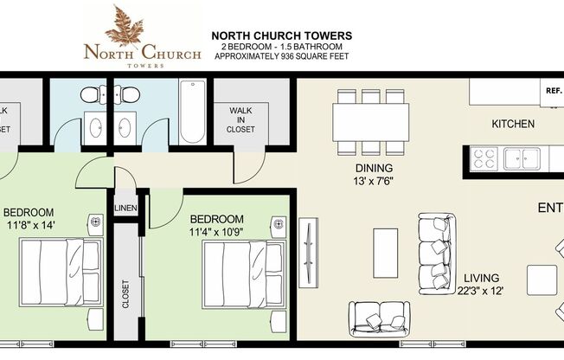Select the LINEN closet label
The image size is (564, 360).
[x=125, y=208]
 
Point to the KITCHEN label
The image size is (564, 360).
[x=513, y=125]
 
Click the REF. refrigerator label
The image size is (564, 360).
[x=552, y=90]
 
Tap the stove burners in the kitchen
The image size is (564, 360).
[x=484, y=158]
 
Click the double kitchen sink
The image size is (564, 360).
[x=522, y=158]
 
